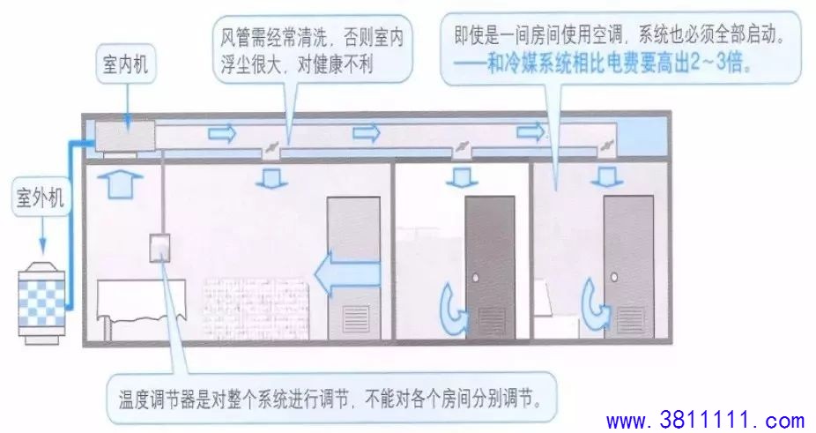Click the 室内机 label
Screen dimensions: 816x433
125,64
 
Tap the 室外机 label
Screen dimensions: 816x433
40,198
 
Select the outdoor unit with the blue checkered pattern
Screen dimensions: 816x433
41,302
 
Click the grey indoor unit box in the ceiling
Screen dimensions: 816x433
125,136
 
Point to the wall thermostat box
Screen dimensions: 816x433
159,247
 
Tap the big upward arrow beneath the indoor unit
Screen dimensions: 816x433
120,185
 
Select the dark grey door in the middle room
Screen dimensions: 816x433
490,268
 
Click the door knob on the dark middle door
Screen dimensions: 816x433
475,278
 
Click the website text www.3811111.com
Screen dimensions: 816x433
705,420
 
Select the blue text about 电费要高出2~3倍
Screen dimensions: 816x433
603,64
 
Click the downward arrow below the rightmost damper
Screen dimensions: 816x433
607,176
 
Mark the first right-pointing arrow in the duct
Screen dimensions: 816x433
222,134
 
